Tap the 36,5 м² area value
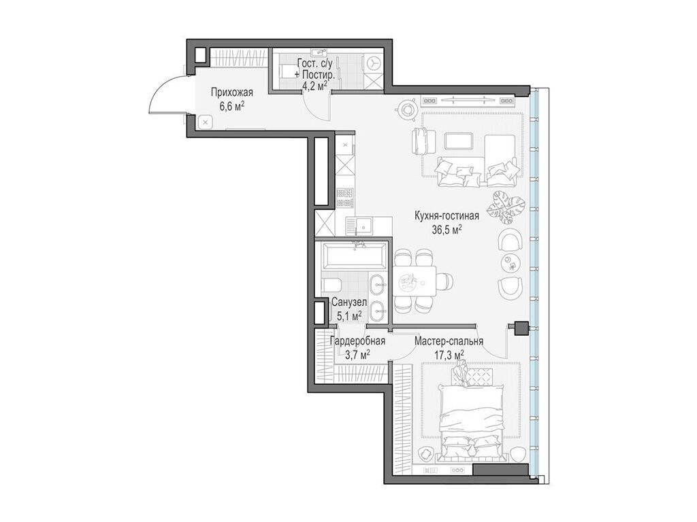click(447, 229)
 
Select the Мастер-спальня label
click(449, 341)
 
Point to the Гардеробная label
click(357, 341)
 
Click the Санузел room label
click(349, 303)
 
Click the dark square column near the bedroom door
click(521, 328)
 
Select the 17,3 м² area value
click(449, 354)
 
